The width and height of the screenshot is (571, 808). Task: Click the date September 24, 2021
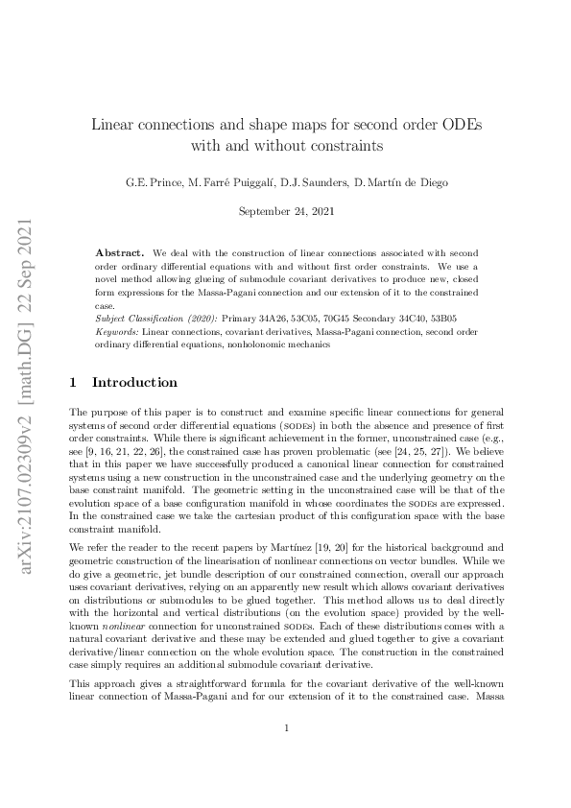pos(285,210)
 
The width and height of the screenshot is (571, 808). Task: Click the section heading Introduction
pos(134,382)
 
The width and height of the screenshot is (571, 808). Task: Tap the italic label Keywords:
pos(117,331)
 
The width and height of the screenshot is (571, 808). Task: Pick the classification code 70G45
pos(328,319)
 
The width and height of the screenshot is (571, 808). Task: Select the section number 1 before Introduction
pos(73,382)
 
